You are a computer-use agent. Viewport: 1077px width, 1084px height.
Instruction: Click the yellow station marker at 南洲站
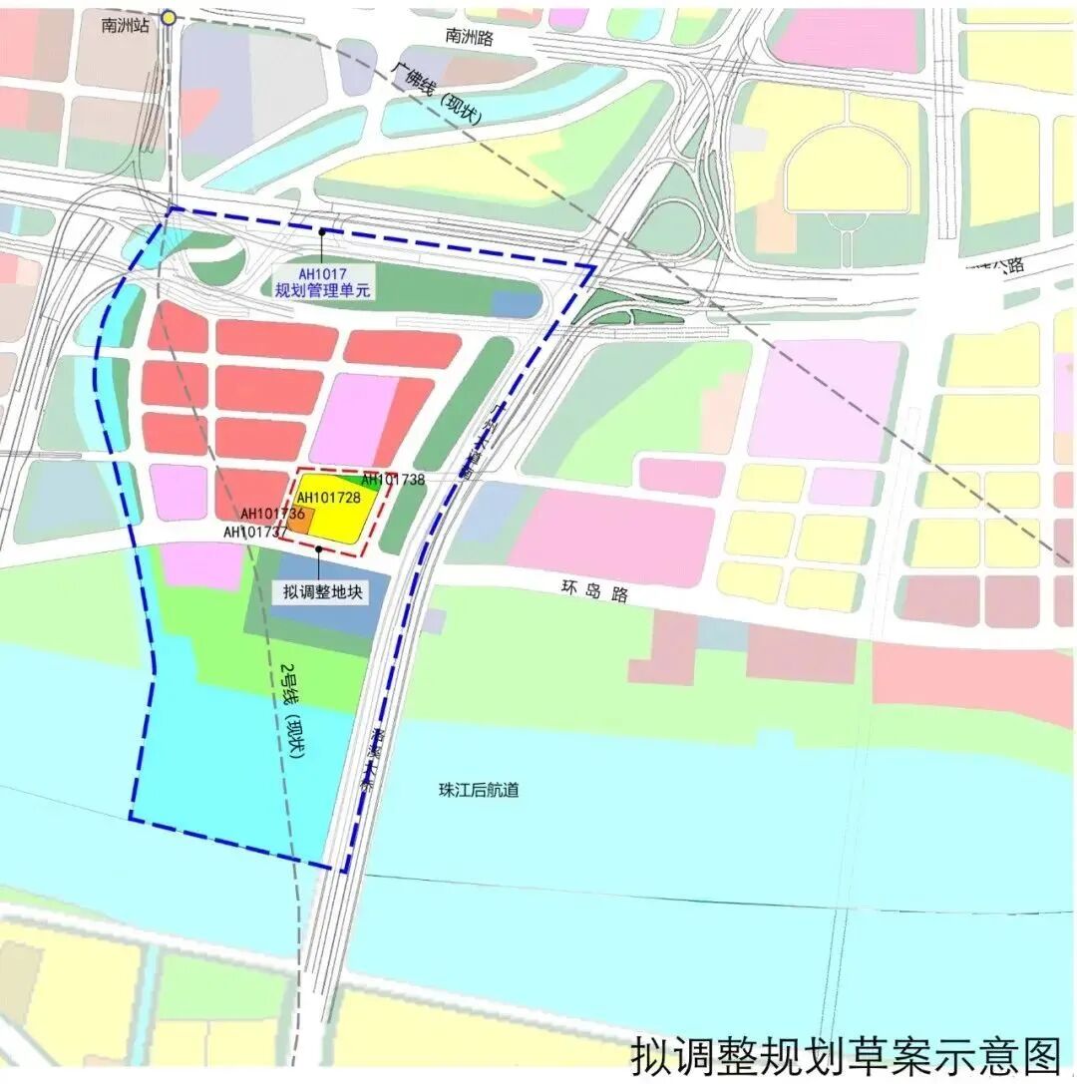170,17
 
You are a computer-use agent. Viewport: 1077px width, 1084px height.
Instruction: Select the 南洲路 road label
470,37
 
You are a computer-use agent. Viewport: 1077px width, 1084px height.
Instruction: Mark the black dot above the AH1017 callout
322,232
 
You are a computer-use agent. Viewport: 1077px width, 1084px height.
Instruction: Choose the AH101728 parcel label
328,498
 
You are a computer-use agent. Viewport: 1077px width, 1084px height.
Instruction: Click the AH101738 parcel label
393,480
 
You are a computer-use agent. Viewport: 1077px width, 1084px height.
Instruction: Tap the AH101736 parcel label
272,514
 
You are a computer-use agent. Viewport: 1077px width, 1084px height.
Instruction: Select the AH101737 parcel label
255,533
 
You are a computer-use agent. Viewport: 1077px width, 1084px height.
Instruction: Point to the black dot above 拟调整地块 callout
318,548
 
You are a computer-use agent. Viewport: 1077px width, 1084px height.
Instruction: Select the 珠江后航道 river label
479,790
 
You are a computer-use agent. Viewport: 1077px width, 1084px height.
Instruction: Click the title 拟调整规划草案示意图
847,1055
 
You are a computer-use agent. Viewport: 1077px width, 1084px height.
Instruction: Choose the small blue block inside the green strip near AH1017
515,304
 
